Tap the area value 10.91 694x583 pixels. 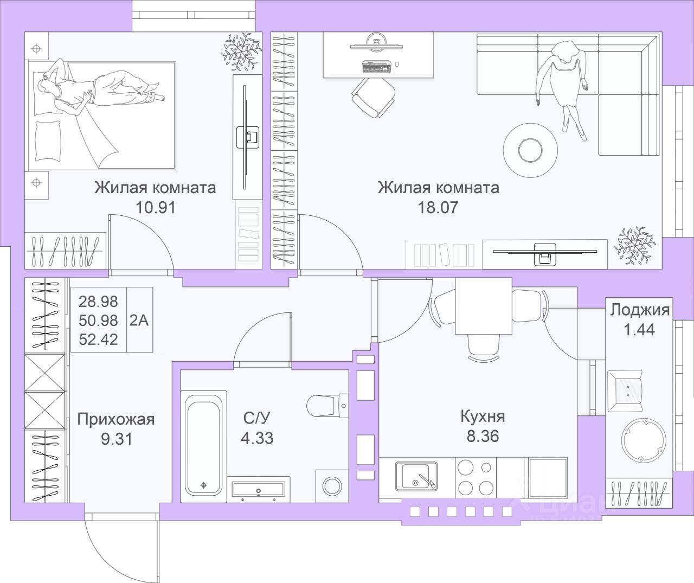pyautogui.click(x=155, y=207)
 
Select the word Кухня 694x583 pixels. pyautogui.click(x=483, y=417)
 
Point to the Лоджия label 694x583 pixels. pyautogui.click(x=640, y=310)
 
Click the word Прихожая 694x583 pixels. pyautogui.click(x=116, y=419)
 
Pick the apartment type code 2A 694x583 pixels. pyautogui.click(x=139, y=320)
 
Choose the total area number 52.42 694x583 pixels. pyautogui.click(x=98, y=339)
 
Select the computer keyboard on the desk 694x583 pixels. pyautogui.click(x=377, y=67)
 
